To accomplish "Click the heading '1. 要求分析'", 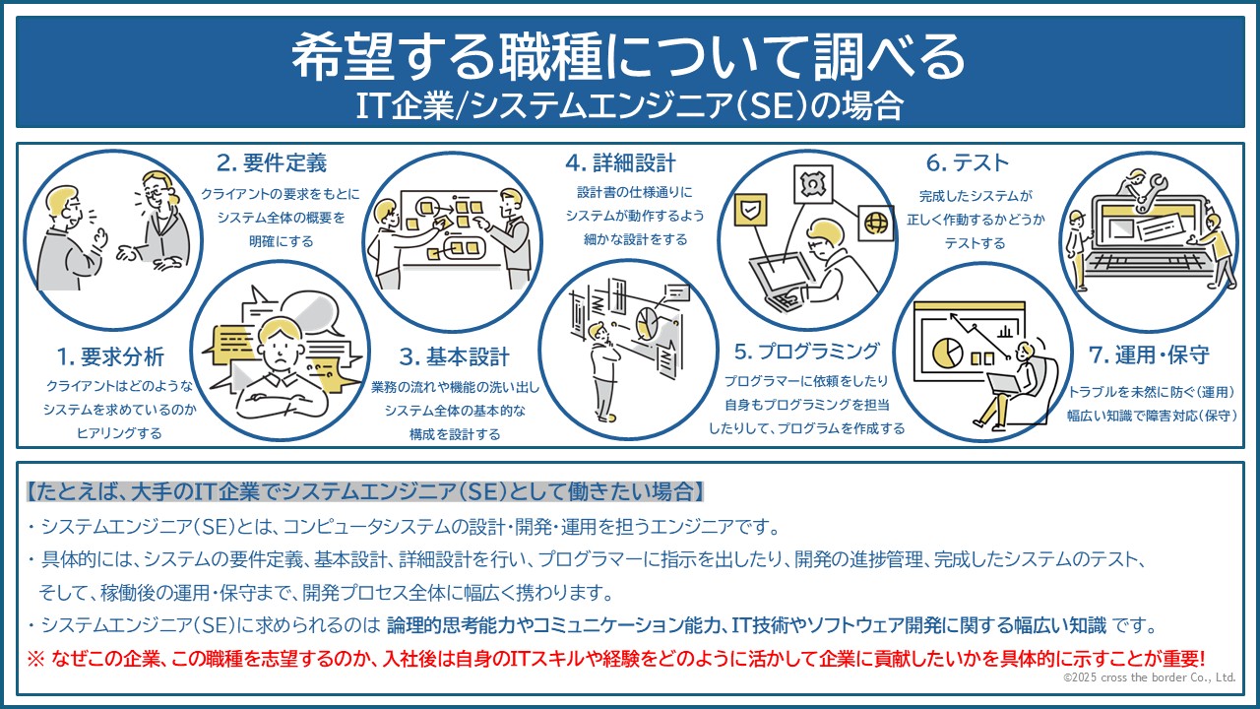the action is pyautogui.click(x=110, y=356).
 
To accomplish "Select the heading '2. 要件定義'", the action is pyautogui.click(x=272, y=163).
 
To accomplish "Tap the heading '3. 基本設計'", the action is pyautogui.click(x=455, y=356).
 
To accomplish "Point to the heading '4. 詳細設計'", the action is pyautogui.click(x=620, y=163).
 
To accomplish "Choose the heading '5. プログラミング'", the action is pyautogui.click(x=806, y=352).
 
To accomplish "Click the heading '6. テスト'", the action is pyautogui.click(x=968, y=163).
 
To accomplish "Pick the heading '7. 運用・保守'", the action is pyautogui.click(x=1149, y=355).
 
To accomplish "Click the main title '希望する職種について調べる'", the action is pyautogui.click(x=629, y=56).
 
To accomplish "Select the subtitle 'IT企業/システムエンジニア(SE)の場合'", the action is pyautogui.click(x=630, y=105).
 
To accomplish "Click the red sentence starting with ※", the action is pyautogui.click(x=616, y=659).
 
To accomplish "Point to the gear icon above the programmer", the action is pyautogui.click(x=813, y=184).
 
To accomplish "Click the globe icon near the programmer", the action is pyautogui.click(x=876, y=224).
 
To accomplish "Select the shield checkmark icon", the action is pyautogui.click(x=750, y=211).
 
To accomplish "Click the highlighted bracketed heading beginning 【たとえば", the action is pyautogui.click(x=365, y=491).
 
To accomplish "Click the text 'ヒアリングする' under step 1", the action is pyautogui.click(x=119, y=433).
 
